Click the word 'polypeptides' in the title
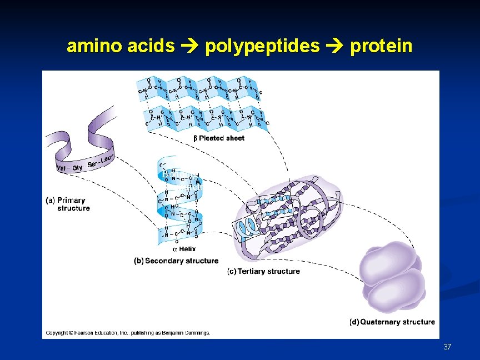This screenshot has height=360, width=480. tap(262, 46)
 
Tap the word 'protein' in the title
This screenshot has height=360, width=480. tap(381, 46)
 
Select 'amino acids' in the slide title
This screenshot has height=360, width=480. tap(121, 46)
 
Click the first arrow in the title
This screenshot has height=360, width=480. tap(189, 46)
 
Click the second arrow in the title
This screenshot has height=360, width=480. tap(334, 46)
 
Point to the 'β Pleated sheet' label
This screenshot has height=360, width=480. tap(218, 138)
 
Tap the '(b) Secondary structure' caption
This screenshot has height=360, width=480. tap(176, 261)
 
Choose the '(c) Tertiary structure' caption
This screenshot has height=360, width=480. tap(263, 271)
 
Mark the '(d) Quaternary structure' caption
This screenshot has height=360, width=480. tap(392, 322)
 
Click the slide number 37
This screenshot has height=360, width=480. tap(447, 347)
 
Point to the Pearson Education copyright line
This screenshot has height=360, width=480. tap(128, 333)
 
